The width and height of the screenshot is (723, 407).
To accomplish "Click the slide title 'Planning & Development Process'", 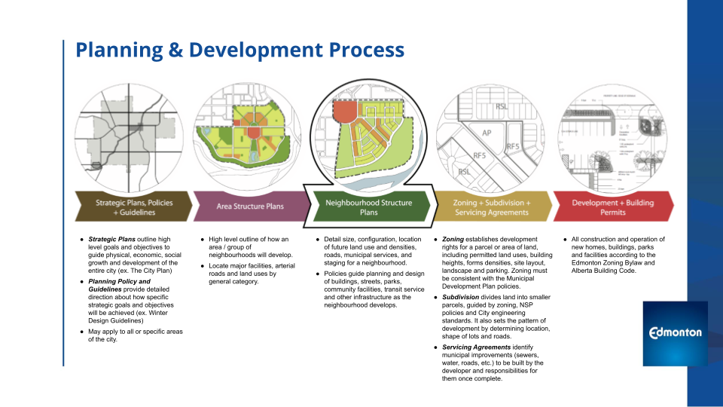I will tap(239, 50).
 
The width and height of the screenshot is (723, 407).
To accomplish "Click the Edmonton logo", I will tap(676, 332).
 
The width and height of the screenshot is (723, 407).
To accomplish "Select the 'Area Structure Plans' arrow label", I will tap(249, 205).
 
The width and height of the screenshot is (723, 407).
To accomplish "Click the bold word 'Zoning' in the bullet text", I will tap(453, 240).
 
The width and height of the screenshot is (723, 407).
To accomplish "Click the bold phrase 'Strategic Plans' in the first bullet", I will tap(112, 240).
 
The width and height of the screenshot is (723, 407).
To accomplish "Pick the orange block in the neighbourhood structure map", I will tap(346, 112).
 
